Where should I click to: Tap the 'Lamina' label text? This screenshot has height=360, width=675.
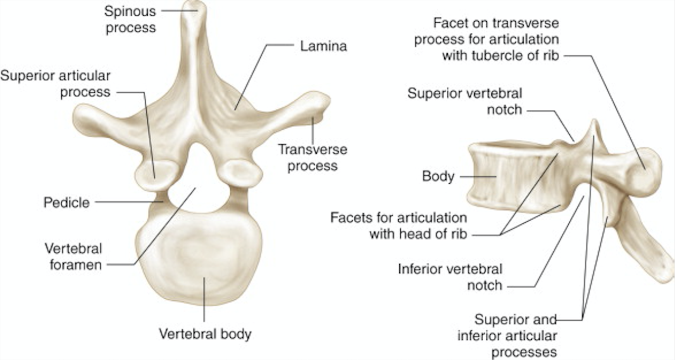click(323, 46)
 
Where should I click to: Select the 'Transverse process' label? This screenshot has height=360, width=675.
click(312, 157)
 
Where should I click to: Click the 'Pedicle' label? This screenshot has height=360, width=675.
click(66, 203)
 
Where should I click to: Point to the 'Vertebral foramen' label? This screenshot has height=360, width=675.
click(73, 256)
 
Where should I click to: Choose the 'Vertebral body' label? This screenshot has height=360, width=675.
click(205, 334)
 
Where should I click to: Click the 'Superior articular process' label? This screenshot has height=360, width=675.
click(56, 84)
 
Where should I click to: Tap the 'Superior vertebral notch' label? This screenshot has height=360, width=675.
click(465, 101)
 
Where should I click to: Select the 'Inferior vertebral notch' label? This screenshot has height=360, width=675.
click(450, 276)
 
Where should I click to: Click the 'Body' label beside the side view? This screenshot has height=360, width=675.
click(438, 177)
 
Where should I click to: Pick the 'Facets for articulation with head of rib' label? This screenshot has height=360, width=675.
click(399, 226)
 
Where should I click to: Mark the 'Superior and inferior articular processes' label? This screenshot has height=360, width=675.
click(515, 335)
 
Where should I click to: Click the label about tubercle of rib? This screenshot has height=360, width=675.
click(486, 39)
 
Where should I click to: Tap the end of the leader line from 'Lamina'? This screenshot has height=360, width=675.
click(235, 109)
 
